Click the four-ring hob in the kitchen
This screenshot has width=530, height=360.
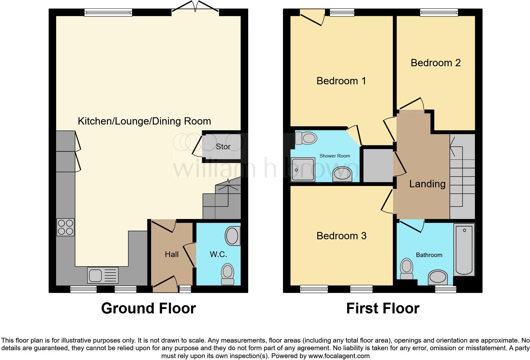tap(66, 227)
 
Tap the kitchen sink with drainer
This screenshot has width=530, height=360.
tap(103, 275)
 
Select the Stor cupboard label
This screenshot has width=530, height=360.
tap(223, 147)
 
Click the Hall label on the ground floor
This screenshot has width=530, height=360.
tap(171, 254)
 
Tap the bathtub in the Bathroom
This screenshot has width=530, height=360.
tap(464, 249)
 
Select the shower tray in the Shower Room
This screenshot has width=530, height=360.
tap(303, 170)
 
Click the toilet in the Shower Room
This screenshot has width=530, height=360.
tap(306, 138)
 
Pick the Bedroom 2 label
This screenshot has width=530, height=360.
tap(436, 63)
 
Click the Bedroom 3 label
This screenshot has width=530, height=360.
tap(341, 236)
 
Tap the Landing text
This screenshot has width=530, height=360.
tap(427, 184)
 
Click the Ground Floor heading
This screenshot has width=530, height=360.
tap(148, 308)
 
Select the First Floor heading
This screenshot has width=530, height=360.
tap(383, 308)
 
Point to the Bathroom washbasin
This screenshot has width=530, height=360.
tap(438, 277)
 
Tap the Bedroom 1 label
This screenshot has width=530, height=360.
tap(341, 81)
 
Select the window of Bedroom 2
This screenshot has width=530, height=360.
tap(439, 12)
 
